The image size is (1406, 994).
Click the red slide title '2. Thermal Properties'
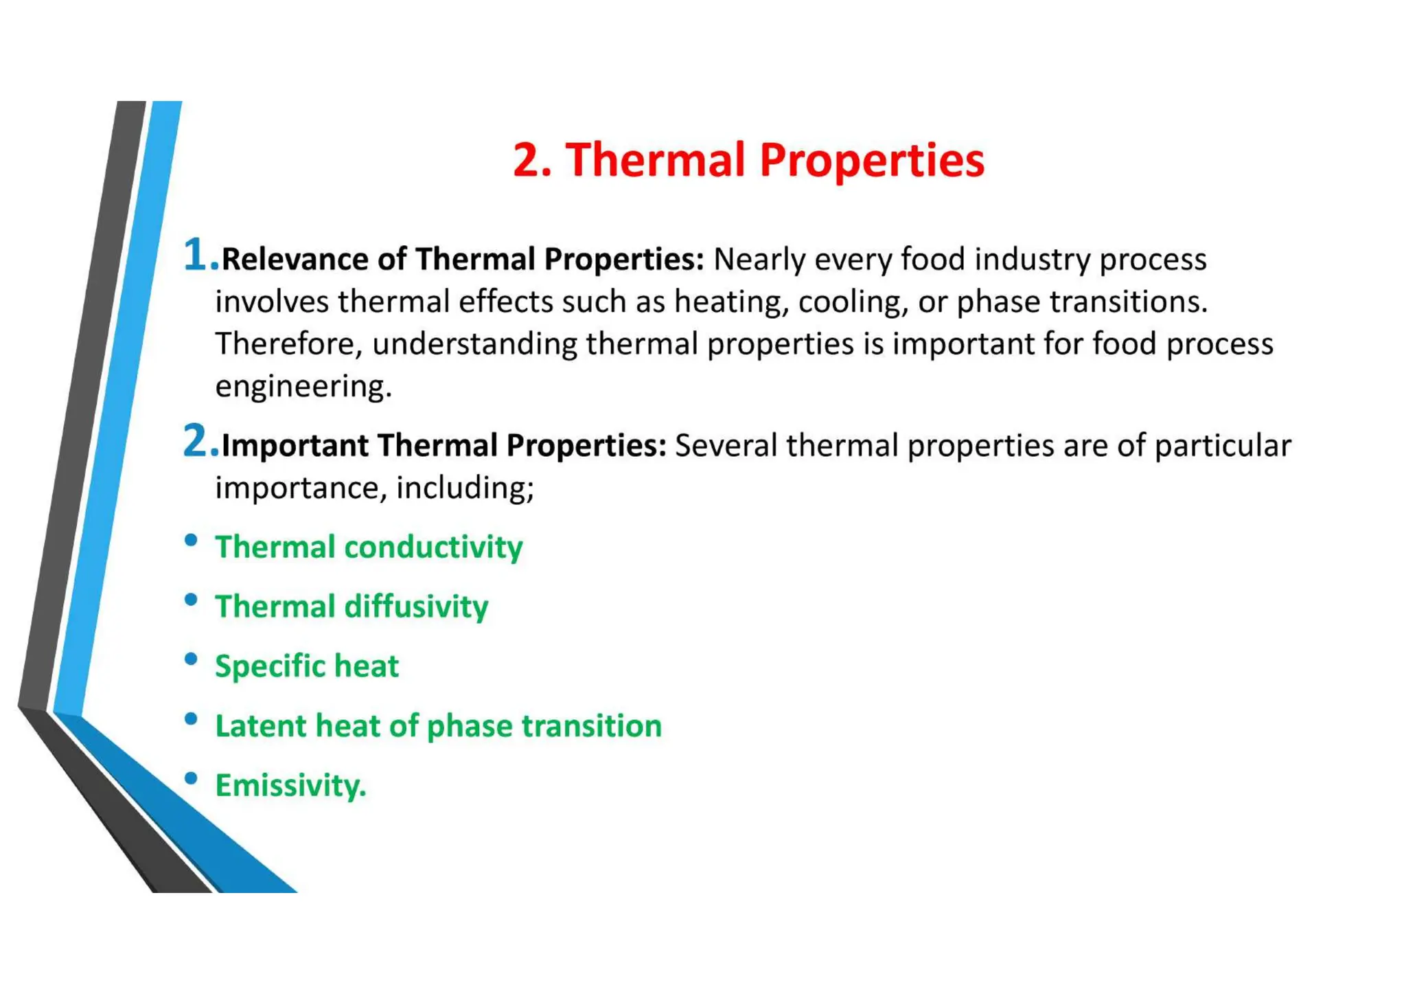point(748,160)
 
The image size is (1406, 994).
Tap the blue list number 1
point(196,254)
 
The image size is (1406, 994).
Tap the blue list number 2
point(196,440)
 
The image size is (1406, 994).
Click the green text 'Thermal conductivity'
point(369,547)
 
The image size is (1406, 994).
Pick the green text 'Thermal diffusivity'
point(351,607)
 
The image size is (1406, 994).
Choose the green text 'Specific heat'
point(306,666)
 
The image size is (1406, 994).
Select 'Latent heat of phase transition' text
point(438,726)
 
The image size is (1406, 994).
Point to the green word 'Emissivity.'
point(290,785)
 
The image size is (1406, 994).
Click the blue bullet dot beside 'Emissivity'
point(192,778)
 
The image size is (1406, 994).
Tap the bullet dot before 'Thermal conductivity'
point(192,540)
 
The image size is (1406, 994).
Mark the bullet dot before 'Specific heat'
point(192,659)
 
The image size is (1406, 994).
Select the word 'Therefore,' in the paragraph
point(288,344)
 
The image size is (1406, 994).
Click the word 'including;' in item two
point(465,488)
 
